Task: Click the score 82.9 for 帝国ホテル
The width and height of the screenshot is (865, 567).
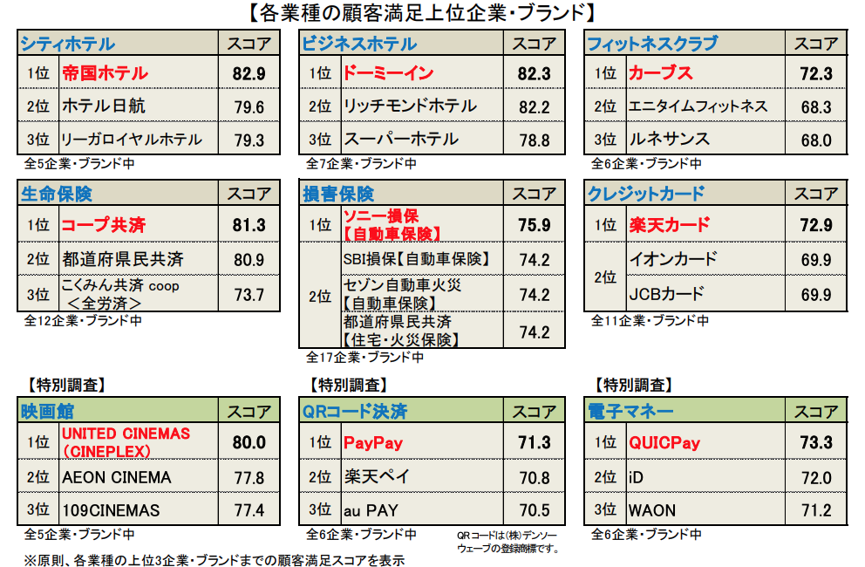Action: (249, 74)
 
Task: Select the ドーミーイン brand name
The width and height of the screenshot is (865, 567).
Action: (386, 74)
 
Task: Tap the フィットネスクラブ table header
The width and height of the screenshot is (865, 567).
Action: (652, 44)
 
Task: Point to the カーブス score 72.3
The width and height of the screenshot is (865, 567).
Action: (815, 74)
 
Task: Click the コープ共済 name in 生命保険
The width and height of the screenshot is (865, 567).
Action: (104, 225)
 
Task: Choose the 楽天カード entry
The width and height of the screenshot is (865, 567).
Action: (669, 225)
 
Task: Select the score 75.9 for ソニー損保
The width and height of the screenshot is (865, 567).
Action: (534, 225)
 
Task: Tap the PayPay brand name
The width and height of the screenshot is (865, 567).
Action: (373, 442)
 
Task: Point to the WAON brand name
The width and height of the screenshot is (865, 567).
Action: (651, 510)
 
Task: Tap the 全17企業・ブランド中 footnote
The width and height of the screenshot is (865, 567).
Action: (364, 357)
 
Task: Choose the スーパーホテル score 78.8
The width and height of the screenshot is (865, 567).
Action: (534, 140)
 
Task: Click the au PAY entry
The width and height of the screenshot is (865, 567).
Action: (371, 510)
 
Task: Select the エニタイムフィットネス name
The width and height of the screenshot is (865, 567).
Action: (698, 106)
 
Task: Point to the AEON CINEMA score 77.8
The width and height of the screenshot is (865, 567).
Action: (249, 478)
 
